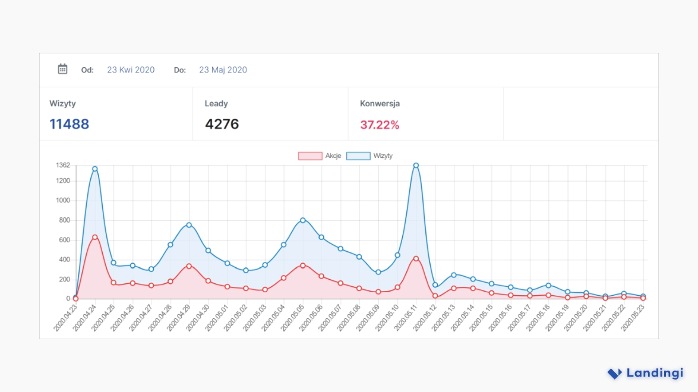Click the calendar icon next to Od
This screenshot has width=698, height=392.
(62, 69)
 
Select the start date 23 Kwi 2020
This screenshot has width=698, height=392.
(131, 70)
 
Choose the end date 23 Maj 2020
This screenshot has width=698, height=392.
(223, 70)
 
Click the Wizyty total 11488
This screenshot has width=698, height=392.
(69, 124)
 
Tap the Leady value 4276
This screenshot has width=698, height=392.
(222, 124)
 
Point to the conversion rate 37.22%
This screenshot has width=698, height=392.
(380, 125)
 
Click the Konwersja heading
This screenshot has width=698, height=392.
(380, 103)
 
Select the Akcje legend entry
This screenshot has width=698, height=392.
(319, 156)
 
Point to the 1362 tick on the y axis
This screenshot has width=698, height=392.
(62, 165)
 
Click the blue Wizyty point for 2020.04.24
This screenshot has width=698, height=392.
(94, 169)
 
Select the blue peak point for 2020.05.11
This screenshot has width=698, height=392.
(416, 165)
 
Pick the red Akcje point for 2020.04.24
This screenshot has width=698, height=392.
(94, 237)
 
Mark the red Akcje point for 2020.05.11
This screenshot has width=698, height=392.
(416, 258)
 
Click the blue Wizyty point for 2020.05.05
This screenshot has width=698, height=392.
(302, 220)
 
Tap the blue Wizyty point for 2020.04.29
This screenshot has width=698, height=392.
(189, 225)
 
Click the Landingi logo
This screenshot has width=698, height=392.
(645, 374)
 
